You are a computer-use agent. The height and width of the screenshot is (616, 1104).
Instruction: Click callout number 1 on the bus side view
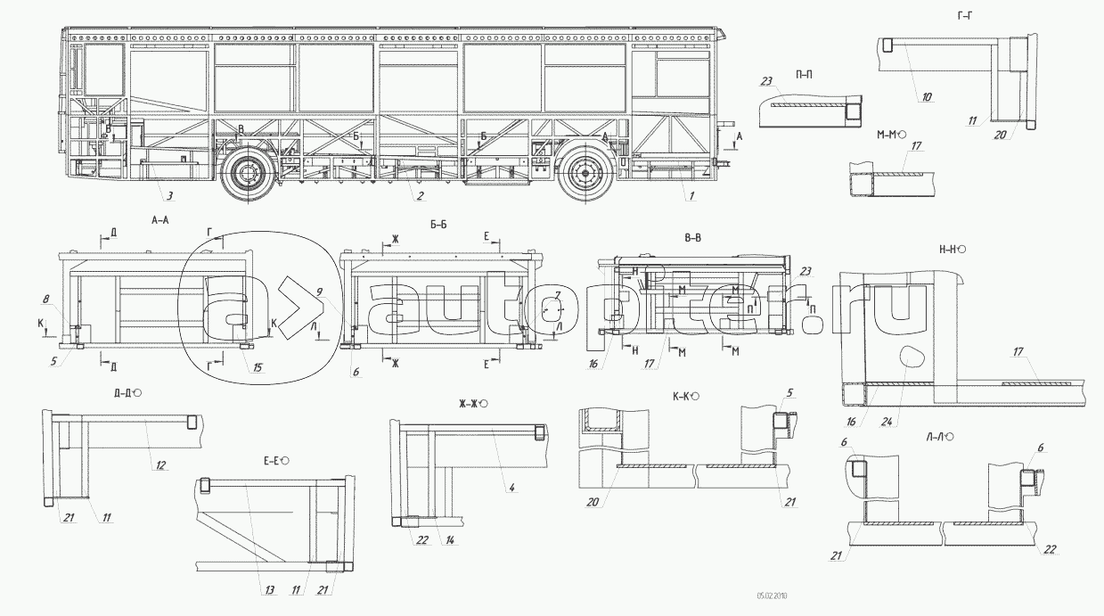click(688, 195)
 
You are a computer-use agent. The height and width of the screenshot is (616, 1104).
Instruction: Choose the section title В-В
click(692, 237)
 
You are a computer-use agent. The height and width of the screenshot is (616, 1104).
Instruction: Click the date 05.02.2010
click(773, 595)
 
